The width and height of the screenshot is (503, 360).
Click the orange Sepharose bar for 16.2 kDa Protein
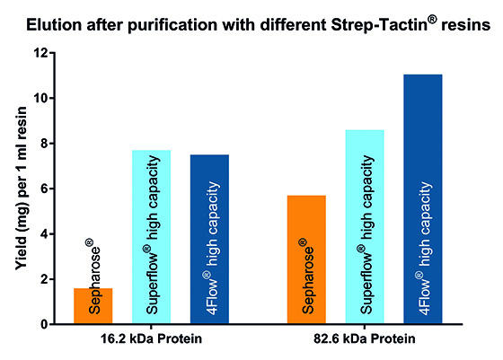point(93,306)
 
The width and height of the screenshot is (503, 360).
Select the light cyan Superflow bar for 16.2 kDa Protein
point(152,237)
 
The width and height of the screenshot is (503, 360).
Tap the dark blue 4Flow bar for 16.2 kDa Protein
point(209,239)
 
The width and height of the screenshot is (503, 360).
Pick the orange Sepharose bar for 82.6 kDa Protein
point(306,259)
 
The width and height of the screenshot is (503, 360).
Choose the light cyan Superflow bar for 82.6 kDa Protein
point(365,226)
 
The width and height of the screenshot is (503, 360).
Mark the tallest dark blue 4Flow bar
point(423,199)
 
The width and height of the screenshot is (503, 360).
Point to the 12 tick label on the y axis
point(40,53)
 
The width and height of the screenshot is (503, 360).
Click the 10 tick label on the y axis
point(40,98)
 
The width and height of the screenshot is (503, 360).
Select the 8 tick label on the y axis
point(44,144)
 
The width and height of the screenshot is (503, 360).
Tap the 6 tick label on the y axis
point(44,189)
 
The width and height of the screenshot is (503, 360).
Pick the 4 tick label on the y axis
point(44,234)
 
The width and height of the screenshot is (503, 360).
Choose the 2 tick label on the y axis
point(44,279)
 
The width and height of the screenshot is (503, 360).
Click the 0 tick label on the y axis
point(44,324)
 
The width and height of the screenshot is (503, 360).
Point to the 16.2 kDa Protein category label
point(151,338)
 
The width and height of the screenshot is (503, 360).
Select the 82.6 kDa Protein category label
point(365,338)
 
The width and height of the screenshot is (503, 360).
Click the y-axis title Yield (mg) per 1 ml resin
point(22,189)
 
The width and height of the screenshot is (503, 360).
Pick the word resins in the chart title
point(466,25)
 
